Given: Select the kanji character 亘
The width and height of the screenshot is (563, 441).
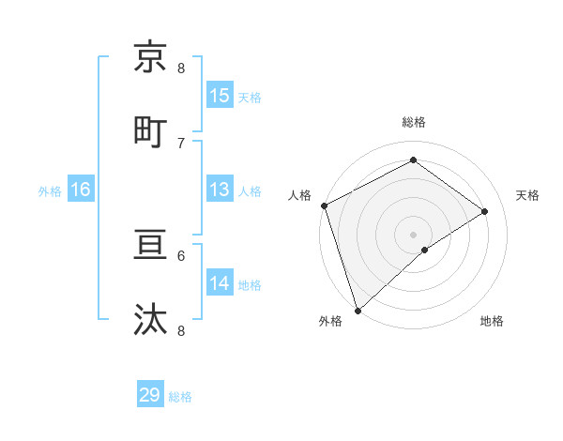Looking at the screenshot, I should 151,246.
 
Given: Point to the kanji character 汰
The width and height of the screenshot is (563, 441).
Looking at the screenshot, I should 151,319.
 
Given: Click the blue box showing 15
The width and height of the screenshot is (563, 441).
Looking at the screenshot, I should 220,95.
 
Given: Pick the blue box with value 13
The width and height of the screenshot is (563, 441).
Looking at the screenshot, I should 220,190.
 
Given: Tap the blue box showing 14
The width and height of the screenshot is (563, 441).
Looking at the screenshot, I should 220,283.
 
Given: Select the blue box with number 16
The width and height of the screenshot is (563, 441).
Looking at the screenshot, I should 81,190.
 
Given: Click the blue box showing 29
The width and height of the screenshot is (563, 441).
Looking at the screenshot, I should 150,395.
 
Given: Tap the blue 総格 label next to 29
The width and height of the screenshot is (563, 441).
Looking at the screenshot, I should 181,397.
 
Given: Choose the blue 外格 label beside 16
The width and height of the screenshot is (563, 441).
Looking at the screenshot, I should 50,190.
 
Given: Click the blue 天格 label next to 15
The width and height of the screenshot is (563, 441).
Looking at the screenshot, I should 250,97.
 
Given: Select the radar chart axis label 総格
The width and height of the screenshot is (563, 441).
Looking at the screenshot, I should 414,122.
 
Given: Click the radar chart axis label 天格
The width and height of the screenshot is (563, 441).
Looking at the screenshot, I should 528,195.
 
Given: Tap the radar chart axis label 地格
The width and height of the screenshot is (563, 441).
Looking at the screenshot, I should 492,322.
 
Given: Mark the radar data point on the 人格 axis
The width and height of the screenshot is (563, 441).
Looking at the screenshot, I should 324,205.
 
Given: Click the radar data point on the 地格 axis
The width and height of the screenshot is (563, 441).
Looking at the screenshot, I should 424,250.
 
